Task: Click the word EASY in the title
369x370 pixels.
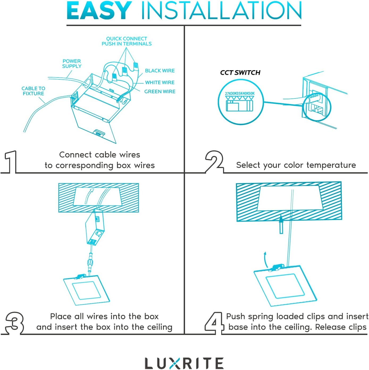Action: pyautogui.click(x=99, y=11)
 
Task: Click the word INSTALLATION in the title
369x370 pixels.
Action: pyautogui.click(x=221, y=11)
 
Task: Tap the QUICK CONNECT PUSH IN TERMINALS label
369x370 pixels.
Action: pyautogui.click(x=127, y=41)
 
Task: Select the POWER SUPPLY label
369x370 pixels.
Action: pyautogui.click(x=72, y=64)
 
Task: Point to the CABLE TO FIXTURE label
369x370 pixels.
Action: pyautogui.click(x=33, y=91)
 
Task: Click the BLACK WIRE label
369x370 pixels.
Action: pyautogui.click(x=160, y=71)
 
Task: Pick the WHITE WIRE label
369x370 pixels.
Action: pyautogui.click(x=160, y=83)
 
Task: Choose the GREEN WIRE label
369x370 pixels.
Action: pyautogui.click(x=160, y=92)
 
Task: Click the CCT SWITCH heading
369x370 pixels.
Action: pyautogui.click(x=240, y=73)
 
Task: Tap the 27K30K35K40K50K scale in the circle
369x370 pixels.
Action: pyautogui.click(x=240, y=94)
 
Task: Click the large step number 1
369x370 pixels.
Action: pyautogui.click(x=11, y=162)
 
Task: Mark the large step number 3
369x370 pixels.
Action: pyautogui.click(x=15, y=323)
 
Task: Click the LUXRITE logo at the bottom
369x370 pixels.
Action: pyautogui.click(x=184, y=363)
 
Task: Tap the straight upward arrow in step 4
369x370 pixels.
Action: pyautogui.click(x=281, y=224)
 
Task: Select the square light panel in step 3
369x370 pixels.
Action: pyautogui.click(x=86, y=291)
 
